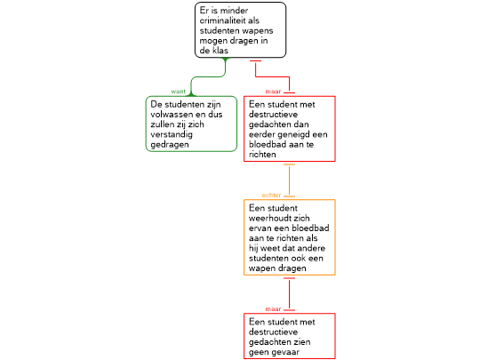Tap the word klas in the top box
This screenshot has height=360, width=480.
pyautogui.click(x=220, y=51)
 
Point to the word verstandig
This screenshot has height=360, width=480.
pyautogui.click(x=172, y=135)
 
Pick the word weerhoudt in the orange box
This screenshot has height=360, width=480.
pyautogui.click(x=267, y=219)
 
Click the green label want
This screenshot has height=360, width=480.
pyautogui.click(x=178, y=92)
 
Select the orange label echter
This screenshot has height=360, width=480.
pyautogui.click(x=271, y=196)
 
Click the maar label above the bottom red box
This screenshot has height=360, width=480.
pyautogui.click(x=273, y=309)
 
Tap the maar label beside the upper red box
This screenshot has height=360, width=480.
pyautogui.click(x=273, y=92)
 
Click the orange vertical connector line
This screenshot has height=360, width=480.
pyautogui.click(x=289, y=180)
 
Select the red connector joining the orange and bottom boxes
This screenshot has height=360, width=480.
pyautogui.click(x=289, y=294)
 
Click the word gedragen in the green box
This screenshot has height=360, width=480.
pyautogui.click(x=170, y=145)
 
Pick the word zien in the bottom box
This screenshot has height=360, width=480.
pyautogui.click(x=302, y=342)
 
